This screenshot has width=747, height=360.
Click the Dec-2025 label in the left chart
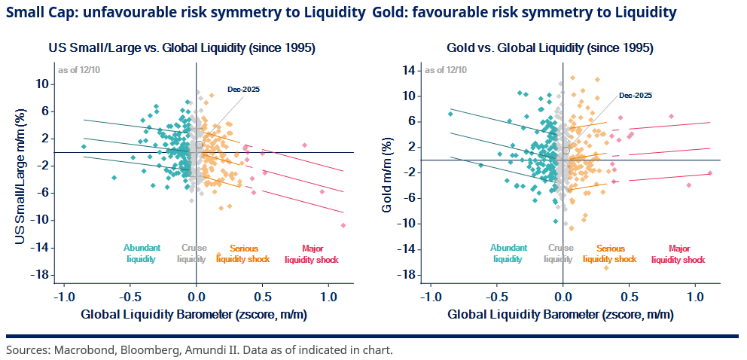tap(245, 90)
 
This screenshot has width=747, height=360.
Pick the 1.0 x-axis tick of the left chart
tap(328, 296)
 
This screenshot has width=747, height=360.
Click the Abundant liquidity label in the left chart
tap(140, 253)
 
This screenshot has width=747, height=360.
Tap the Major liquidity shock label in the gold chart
tap(678, 253)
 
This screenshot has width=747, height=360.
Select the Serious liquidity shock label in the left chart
tap(243, 253)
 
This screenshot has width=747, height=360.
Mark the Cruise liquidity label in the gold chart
tap(559, 253)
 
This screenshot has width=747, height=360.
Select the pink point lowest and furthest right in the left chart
tap(343, 225)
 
